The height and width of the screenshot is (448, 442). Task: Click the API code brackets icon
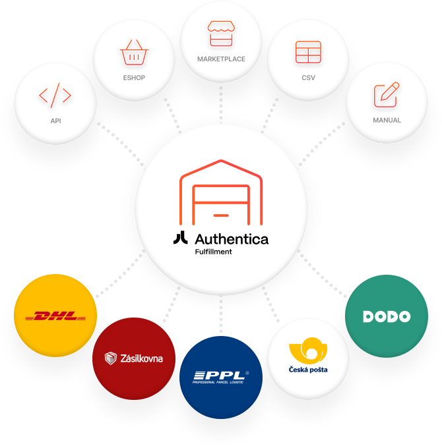[55, 96]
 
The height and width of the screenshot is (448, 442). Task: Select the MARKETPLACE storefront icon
[221, 34]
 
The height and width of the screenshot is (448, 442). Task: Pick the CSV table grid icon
[308, 53]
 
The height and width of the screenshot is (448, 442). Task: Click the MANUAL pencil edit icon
[387, 95]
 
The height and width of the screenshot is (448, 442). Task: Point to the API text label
[55, 121]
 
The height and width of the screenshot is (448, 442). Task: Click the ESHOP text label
[134, 78]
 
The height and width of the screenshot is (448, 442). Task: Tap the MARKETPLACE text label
[221, 59]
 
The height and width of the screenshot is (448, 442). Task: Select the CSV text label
[308, 78]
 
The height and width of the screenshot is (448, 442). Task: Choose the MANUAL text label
[387, 121]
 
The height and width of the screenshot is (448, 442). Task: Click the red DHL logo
[55, 316]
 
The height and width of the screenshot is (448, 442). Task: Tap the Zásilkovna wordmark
[141, 358]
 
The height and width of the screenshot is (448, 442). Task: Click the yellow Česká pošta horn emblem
[307, 349]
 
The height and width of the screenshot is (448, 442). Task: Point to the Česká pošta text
[308, 370]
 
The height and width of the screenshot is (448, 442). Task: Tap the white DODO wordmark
[387, 316]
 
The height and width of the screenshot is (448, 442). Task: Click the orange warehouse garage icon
[220, 191]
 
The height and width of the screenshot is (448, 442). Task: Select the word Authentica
[232, 238]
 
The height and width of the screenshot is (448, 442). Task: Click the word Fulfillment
[213, 252]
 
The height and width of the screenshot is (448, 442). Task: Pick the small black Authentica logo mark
[180, 238]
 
